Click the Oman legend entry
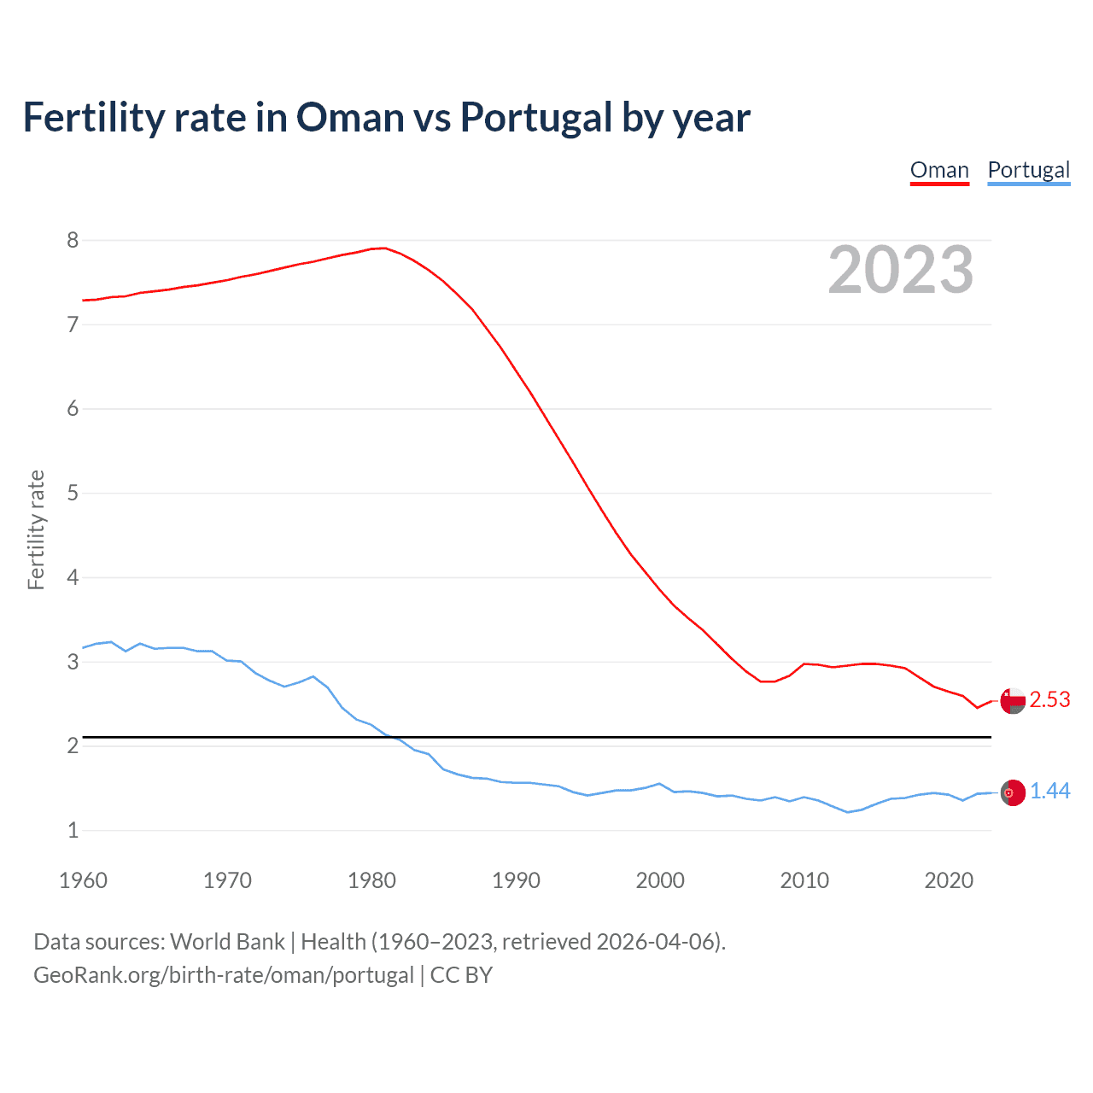939,170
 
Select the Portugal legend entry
1028,170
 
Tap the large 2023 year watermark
901,270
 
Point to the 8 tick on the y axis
73,240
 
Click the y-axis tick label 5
73,493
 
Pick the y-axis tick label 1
73,830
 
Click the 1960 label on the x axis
83,880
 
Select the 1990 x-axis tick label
516,880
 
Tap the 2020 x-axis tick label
949,880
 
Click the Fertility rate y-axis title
36,529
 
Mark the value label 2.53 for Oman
1049,699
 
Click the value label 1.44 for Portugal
1049,792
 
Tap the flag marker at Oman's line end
1013,701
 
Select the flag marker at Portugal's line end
1013,793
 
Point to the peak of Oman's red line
383,248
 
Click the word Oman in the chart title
349,117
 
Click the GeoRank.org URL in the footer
223,975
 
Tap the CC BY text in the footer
461,975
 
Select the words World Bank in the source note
227,942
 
